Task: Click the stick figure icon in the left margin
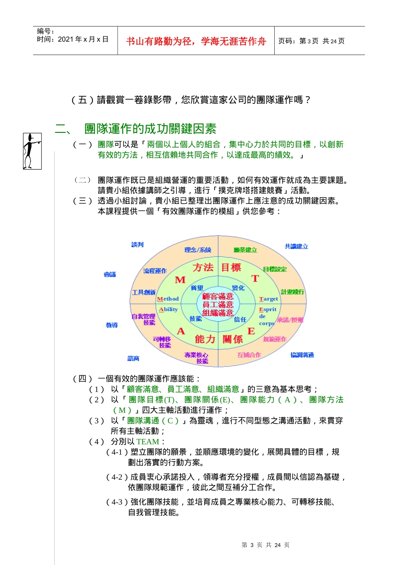pyautogui.click(x=32, y=151)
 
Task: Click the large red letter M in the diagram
pyautogui.click(x=180, y=280)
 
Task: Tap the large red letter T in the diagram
pyautogui.click(x=255, y=279)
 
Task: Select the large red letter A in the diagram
pyautogui.click(x=181, y=331)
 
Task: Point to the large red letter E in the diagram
pyautogui.click(x=251, y=331)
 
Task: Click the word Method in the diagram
pyautogui.click(x=168, y=299)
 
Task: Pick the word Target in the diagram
pyautogui.click(x=268, y=299)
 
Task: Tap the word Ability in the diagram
pyautogui.click(x=168, y=309)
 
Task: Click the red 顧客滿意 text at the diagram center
pyautogui.click(x=218, y=296)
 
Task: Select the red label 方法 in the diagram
pyautogui.click(x=203, y=267)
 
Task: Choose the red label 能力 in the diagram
pyautogui.click(x=205, y=339)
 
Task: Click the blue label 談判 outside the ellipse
pyautogui.click(x=137, y=245)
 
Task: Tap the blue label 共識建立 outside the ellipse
pyautogui.click(x=296, y=246)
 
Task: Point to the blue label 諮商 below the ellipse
pyautogui.click(x=133, y=358)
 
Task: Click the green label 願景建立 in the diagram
pyautogui.click(x=245, y=250)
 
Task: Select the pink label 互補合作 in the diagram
pyautogui.click(x=249, y=355)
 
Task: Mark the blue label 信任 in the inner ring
pyautogui.click(x=240, y=319)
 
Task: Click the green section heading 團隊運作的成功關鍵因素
pyautogui.click(x=150, y=129)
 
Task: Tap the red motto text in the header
pyautogui.click(x=196, y=41)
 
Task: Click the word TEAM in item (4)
pyautogui.click(x=147, y=442)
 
